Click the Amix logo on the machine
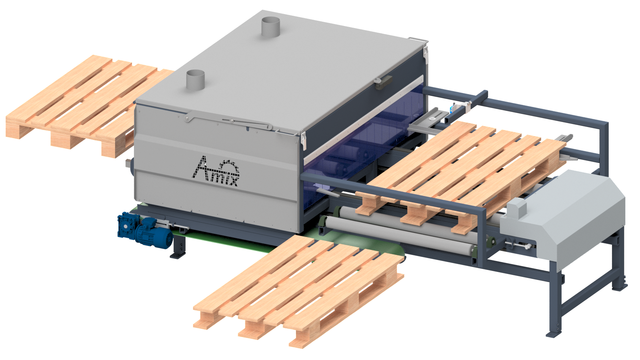tap(216, 172)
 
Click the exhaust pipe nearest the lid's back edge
tap(270, 27)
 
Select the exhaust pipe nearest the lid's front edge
tap(195, 80)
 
